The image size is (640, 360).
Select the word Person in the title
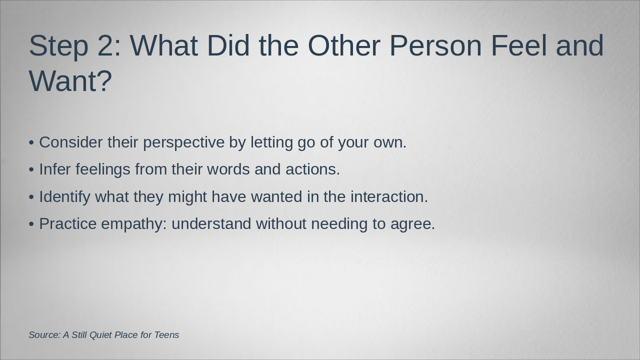435,45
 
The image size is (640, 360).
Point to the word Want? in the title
70,81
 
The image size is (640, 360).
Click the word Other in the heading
344,45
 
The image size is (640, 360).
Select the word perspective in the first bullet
183,143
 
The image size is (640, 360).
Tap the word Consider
71,142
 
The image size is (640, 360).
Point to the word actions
313,169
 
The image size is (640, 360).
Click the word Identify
64,197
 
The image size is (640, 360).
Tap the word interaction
389,196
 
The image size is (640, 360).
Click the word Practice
68,223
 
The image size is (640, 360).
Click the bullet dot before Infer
31,169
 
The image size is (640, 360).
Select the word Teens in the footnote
167,335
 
